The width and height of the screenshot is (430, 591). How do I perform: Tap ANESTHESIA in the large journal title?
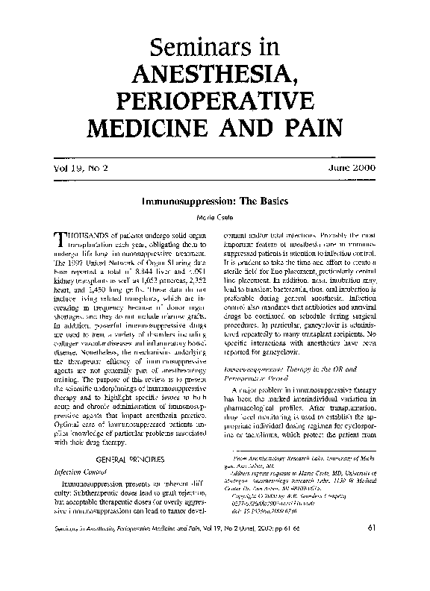[214, 74]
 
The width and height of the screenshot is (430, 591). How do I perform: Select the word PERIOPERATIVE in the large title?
[214, 101]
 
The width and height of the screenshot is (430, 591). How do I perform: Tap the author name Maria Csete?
[215, 217]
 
